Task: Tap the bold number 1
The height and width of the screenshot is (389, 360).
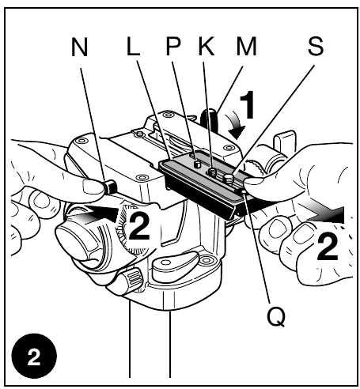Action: [248, 104]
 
